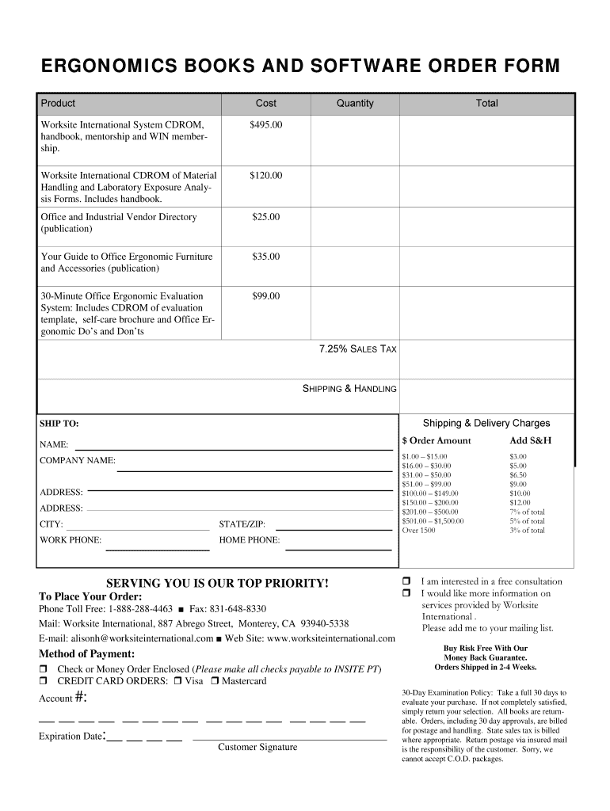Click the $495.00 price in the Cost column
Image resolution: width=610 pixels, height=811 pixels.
pos(265,125)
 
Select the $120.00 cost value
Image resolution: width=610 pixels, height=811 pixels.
pos(265,176)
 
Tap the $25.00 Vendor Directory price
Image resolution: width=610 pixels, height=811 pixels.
pos(265,217)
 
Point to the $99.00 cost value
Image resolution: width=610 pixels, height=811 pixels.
pos(265,296)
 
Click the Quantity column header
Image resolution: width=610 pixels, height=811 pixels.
pos(354,104)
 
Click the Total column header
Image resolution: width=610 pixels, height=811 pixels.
pos(486,104)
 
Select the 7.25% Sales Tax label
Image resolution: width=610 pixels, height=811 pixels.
pos(357,348)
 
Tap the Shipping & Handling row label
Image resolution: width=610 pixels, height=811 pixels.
pos(349,389)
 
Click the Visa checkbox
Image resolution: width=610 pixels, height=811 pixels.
pos(178,681)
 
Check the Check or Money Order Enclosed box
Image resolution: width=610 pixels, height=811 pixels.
pos(44,669)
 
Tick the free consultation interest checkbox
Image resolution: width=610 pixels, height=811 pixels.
pos(407,581)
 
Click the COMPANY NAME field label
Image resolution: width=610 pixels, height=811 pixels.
pos(78,460)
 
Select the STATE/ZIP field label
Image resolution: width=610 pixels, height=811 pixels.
pos(242,524)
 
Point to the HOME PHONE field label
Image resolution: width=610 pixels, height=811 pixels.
pos(249,540)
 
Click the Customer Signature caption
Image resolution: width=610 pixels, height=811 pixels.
pos(257,747)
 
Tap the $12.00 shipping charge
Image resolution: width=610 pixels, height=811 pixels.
pos(520,503)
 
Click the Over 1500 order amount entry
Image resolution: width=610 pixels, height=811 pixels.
pos(418,531)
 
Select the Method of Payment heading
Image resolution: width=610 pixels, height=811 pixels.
pos(87,654)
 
